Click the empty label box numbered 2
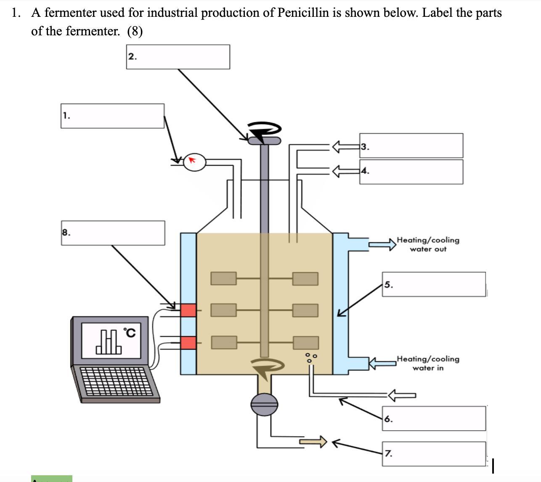point(178,57)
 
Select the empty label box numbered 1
point(112,116)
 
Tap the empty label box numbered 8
point(113,233)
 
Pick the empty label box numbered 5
point(434,284)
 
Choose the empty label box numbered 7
point(434,454)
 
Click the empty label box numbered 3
point(411,146)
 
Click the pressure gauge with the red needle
point(194,162)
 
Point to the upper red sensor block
point(188,310)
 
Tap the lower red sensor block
point(188,343)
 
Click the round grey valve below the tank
point(264,405)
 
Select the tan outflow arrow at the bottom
point(313,442)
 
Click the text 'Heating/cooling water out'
point(428,244)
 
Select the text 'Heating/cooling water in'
point(428,363)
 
